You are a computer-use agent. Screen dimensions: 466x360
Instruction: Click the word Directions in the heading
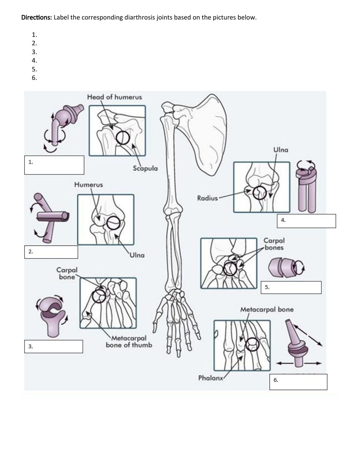coord(36,17)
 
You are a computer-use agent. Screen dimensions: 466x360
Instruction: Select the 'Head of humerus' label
coord(114,97)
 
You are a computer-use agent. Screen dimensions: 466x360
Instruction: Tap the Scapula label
coord(145,168)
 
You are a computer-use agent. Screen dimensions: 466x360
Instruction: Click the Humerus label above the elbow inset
coord(88,184)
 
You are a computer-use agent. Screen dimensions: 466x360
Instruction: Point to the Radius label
coord(207,198)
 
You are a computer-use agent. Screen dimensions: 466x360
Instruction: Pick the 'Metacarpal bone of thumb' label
coord(129,342)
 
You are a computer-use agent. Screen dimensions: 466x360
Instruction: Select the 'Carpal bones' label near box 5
coord(274,244)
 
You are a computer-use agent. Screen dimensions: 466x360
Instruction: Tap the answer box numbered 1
coord(54,165)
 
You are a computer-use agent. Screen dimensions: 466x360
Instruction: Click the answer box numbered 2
coord(51,252)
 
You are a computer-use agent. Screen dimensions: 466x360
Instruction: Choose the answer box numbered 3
coord(54,346)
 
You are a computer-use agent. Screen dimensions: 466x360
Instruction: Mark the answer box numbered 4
coord(306,221)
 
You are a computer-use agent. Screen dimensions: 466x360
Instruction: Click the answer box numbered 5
coord(292,287)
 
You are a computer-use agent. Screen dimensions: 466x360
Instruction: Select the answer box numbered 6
coord(299,382)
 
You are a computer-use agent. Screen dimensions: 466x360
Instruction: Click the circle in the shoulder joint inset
coord(123,138)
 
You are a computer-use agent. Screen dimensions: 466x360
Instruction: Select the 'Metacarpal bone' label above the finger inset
coord(267,310)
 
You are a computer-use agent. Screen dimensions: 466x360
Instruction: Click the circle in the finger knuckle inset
coord(253,345)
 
